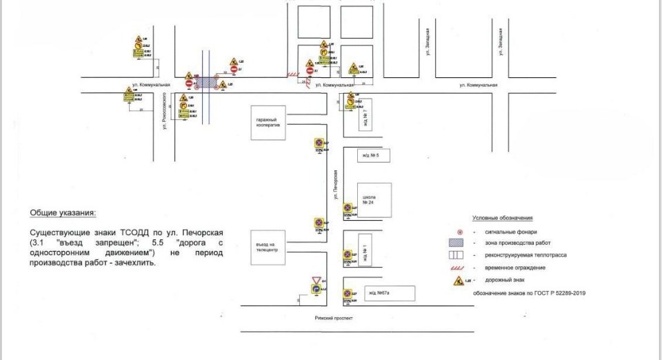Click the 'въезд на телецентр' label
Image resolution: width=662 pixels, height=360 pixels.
tap(265, 247)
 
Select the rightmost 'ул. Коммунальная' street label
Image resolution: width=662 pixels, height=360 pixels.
tap(479, 86)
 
